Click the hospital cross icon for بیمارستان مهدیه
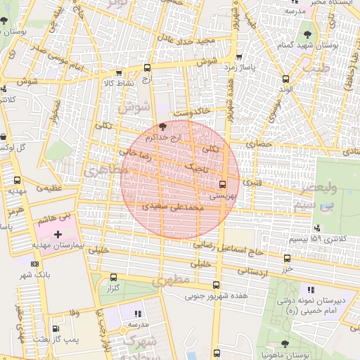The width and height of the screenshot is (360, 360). coord(58,233)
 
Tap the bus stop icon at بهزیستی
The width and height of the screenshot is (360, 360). coord(223,186)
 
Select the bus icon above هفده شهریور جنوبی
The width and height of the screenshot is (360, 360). coord(215,285)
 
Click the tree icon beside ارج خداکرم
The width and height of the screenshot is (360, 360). coord(163,127)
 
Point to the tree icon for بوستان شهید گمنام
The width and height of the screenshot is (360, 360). coord(307,33)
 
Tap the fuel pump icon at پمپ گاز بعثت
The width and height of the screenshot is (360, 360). coord(56,328)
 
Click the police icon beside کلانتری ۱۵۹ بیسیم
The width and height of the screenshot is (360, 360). coord(318,227)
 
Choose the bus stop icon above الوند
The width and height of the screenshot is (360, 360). coord(285,79)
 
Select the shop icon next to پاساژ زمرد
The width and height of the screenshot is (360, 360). coord(240,58)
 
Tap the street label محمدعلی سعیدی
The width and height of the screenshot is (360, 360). coord(173,208)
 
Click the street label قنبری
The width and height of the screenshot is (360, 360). coord(252,181)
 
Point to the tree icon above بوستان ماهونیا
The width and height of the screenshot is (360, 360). coord(284,344)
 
